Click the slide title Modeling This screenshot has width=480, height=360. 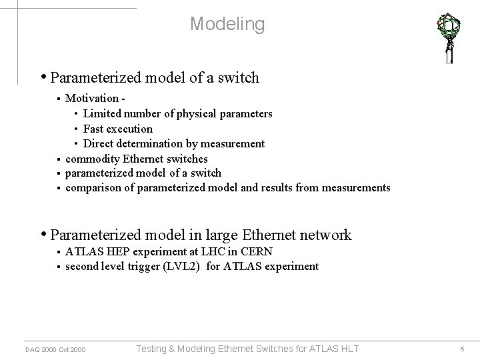[x=227, y=24]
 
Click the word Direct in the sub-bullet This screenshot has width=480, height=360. [x=99, y=143]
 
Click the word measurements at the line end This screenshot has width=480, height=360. [x=356, y=188]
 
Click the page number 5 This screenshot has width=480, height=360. [x=462, y=349]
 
